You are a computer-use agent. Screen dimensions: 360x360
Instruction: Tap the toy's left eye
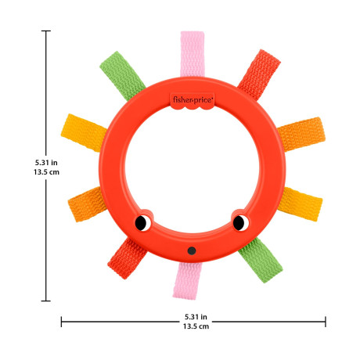click(x=143, y=223)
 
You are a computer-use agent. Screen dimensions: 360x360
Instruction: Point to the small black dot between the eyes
click(x=192, y=250)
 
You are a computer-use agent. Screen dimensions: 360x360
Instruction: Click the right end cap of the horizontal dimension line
click(x=326, y=321)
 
